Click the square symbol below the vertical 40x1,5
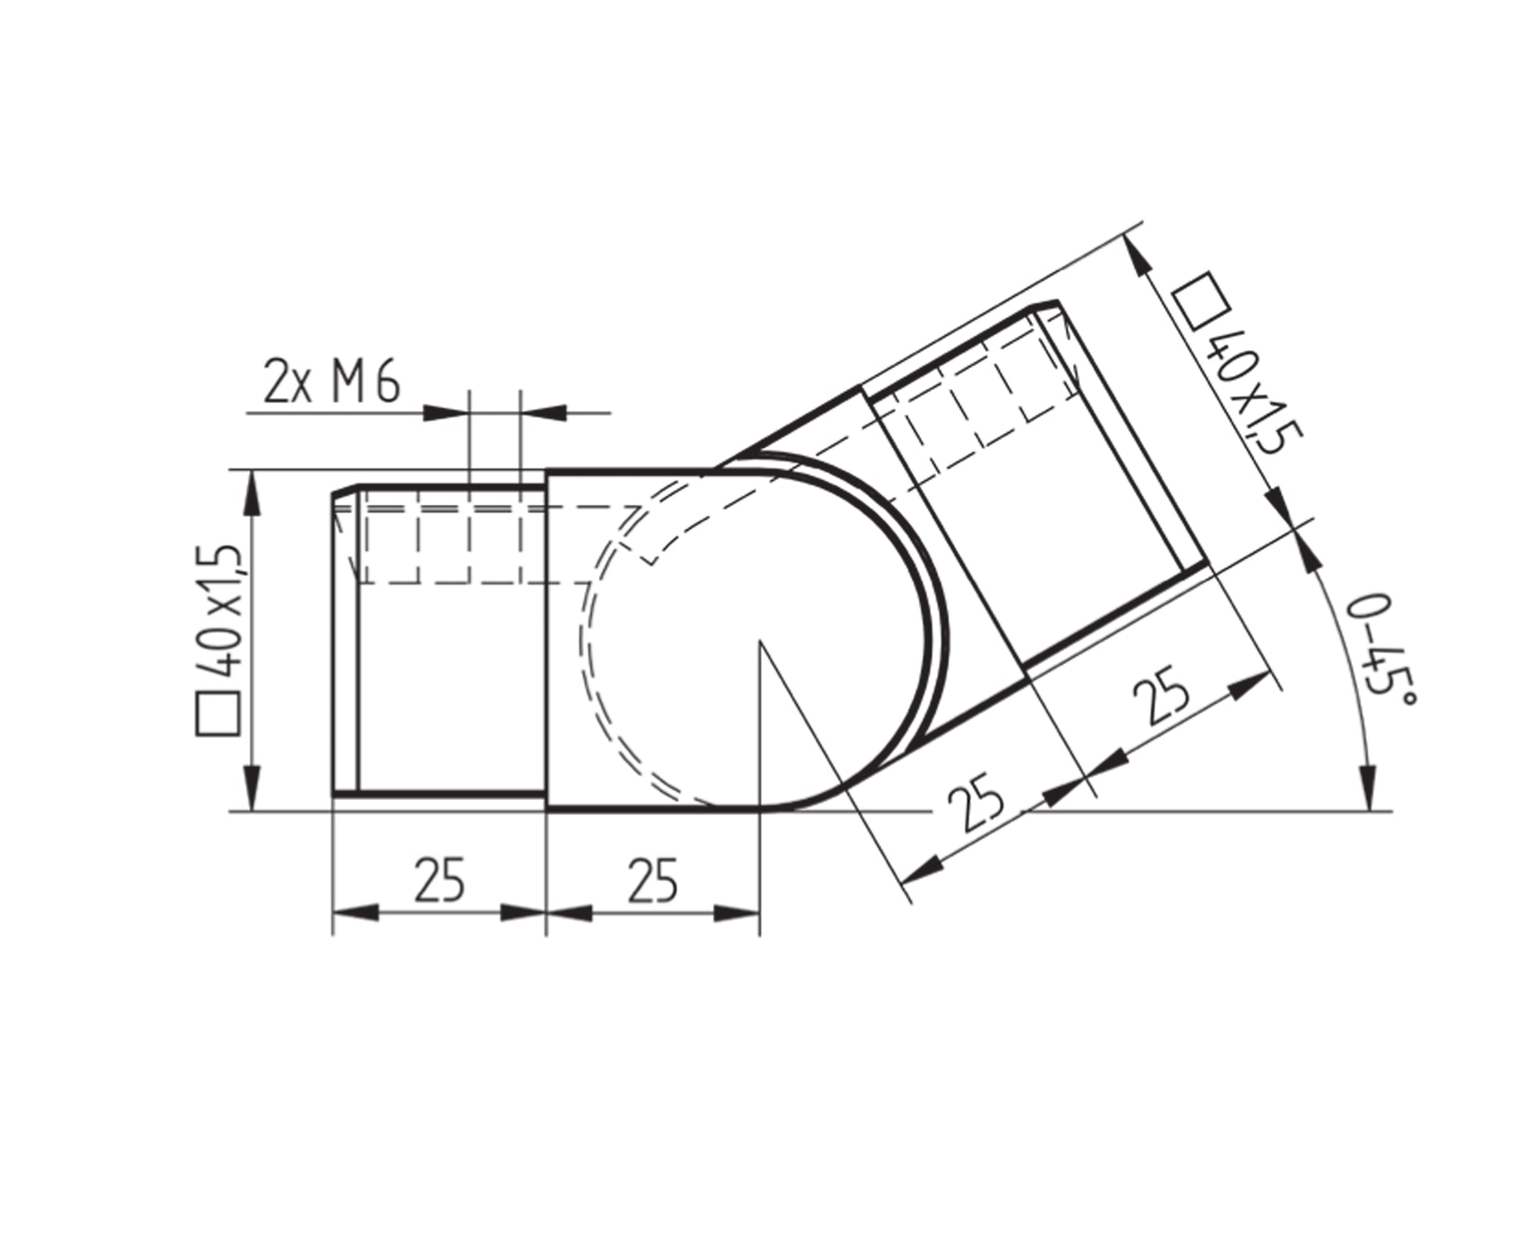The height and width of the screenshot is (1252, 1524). [217, 713]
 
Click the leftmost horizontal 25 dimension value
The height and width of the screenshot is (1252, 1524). [439, 879]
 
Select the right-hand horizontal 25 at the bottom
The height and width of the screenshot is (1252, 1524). [652, 879]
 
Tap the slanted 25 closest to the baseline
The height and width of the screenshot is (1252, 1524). [976, 802]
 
